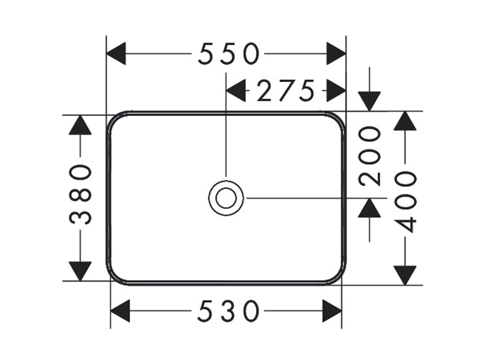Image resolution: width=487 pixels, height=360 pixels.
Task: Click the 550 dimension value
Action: point(228,54)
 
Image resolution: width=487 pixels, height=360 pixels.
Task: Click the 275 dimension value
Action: point(285,91)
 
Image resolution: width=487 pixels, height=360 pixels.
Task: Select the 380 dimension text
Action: point(80,195)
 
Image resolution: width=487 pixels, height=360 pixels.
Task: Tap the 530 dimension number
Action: point(228,311)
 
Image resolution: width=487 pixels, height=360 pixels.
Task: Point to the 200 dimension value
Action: point(370,155)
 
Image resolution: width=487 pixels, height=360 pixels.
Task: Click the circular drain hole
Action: point(226,198)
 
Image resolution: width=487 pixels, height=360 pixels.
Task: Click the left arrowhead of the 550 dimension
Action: point(116,54)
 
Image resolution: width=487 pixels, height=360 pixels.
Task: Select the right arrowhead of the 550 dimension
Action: point(336,54)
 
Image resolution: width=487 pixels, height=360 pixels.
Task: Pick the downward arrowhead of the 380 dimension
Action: point(80,271)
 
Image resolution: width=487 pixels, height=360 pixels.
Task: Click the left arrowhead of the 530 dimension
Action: point(120,311)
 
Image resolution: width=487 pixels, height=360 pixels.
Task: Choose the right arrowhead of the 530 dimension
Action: point(333,311)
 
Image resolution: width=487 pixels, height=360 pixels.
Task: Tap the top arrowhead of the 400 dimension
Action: point(405,121)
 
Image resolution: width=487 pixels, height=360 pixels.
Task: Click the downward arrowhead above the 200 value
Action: point(369,101)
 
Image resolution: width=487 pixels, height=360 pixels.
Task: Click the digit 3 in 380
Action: point(80,215)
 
